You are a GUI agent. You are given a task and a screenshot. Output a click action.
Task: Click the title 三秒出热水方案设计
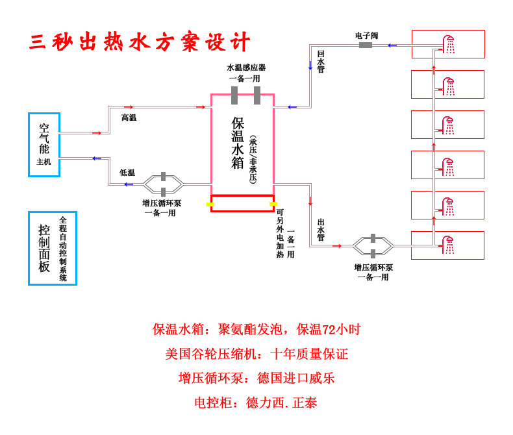tap(140, 42)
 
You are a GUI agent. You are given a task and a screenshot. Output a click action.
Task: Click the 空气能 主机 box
tap(44, 144)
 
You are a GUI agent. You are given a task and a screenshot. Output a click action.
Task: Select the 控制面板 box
tap(52, 248)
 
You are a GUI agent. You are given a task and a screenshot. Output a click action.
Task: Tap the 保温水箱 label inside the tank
tap(238, 143)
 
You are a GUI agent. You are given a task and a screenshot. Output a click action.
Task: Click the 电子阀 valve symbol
tap(366, 45)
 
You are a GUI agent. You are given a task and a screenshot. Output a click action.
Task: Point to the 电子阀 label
tap(366, 36)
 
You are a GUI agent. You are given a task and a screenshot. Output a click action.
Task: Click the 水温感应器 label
tap(245, 68)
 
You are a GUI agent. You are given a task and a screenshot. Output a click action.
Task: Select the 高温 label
tap(129, 118)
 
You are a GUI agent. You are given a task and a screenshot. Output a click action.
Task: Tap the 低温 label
tap(127, 173)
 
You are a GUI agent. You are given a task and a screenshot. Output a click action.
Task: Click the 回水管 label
tap(321, 62)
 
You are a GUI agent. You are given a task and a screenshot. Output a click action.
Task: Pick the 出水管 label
tap(321, 230)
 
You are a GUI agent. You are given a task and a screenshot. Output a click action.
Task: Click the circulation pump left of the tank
tap(163, 184)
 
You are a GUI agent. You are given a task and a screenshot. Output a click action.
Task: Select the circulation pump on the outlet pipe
tap(373, 246)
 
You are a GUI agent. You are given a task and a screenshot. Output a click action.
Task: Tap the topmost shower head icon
tap(449, 44)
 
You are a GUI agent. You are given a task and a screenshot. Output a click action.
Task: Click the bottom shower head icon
tap(449, 245)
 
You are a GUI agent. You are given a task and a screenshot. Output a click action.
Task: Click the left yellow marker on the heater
tap(210, 205)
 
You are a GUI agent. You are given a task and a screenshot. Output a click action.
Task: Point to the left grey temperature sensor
tap(234, 95)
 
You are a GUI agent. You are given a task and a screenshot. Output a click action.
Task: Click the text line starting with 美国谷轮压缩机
tap(256, 354)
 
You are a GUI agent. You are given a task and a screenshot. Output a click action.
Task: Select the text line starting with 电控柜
tap(256, 403)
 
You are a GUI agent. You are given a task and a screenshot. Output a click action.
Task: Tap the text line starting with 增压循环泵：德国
tap(256, 378)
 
